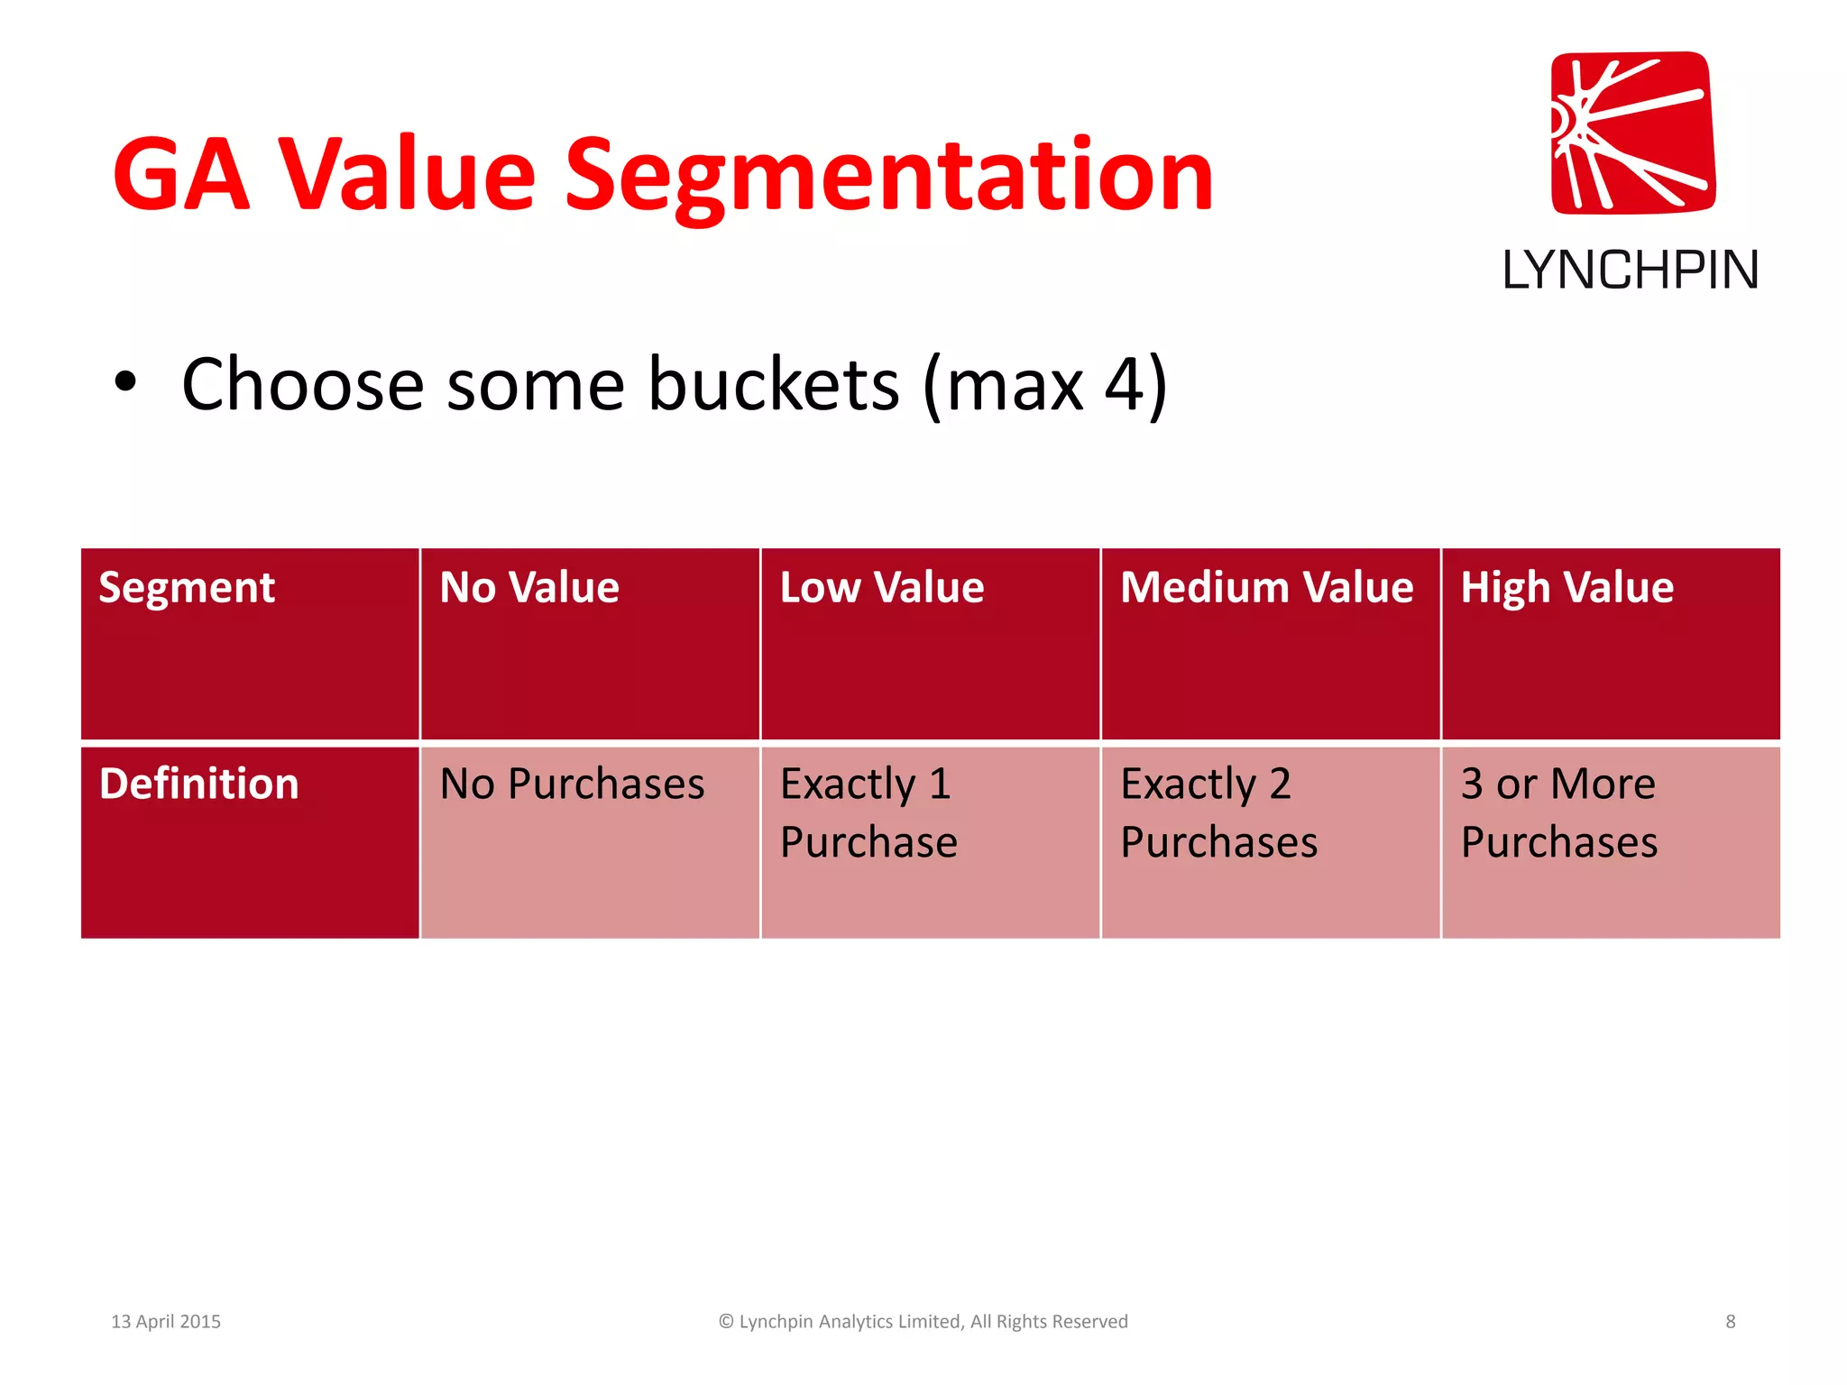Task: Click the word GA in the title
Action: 180,176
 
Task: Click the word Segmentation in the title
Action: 888,176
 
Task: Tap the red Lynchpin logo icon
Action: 1632,133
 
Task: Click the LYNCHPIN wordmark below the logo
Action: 1630,271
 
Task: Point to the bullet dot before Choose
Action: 125,382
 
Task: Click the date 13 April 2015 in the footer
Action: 166,1321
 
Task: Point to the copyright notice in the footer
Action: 923,1321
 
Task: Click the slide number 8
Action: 1730,1321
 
